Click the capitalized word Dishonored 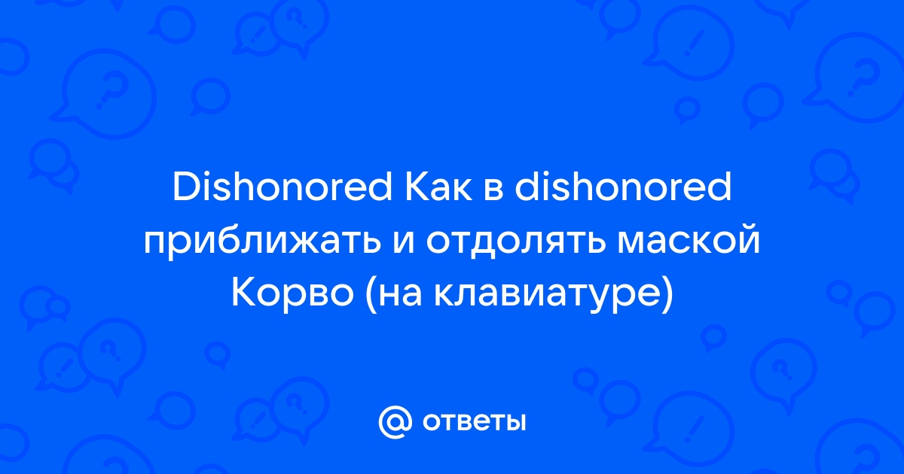282,187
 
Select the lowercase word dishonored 623,187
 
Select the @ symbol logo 395,422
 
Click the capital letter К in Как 417,187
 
